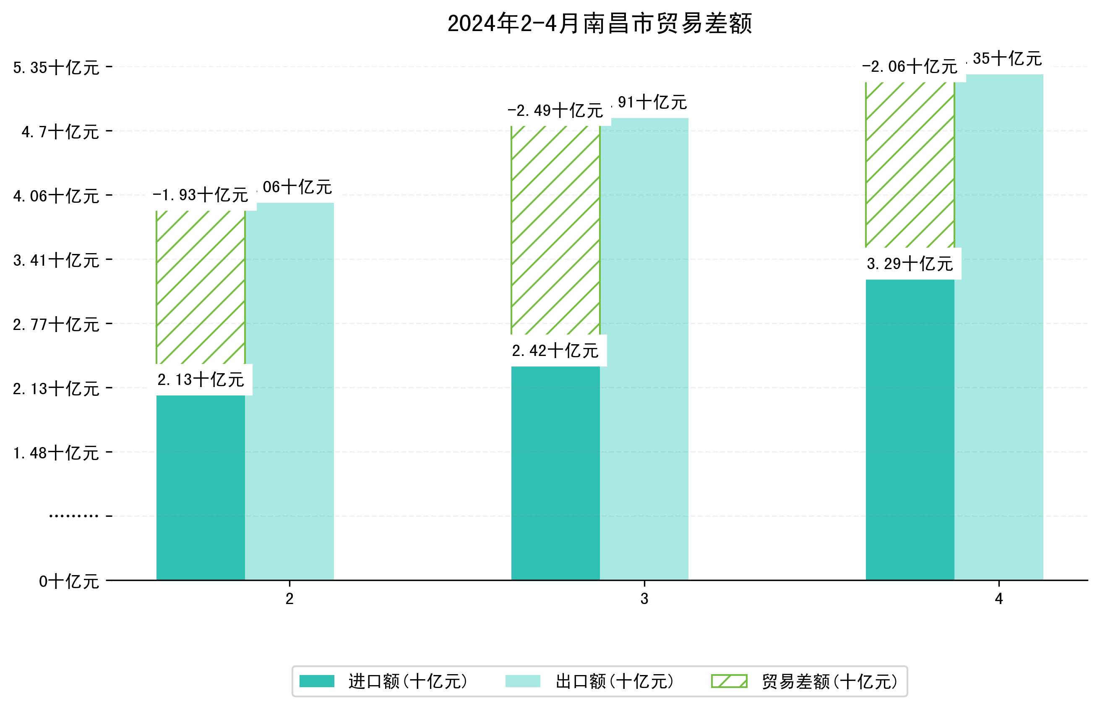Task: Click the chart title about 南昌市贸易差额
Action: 599,24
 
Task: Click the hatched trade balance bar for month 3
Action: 555,230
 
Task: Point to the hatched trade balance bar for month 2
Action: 201,287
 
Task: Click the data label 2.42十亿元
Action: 555,351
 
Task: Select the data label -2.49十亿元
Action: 555,110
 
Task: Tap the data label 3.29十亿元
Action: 910,264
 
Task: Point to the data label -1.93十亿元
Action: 200,195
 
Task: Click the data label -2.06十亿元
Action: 910,67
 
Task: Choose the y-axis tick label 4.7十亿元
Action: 60,132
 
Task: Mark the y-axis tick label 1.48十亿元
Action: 56,453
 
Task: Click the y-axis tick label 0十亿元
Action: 68,581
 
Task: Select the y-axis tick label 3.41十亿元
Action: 56,261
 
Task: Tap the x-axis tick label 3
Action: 644,599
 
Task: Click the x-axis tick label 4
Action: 999,599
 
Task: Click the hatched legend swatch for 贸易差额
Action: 729,681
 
